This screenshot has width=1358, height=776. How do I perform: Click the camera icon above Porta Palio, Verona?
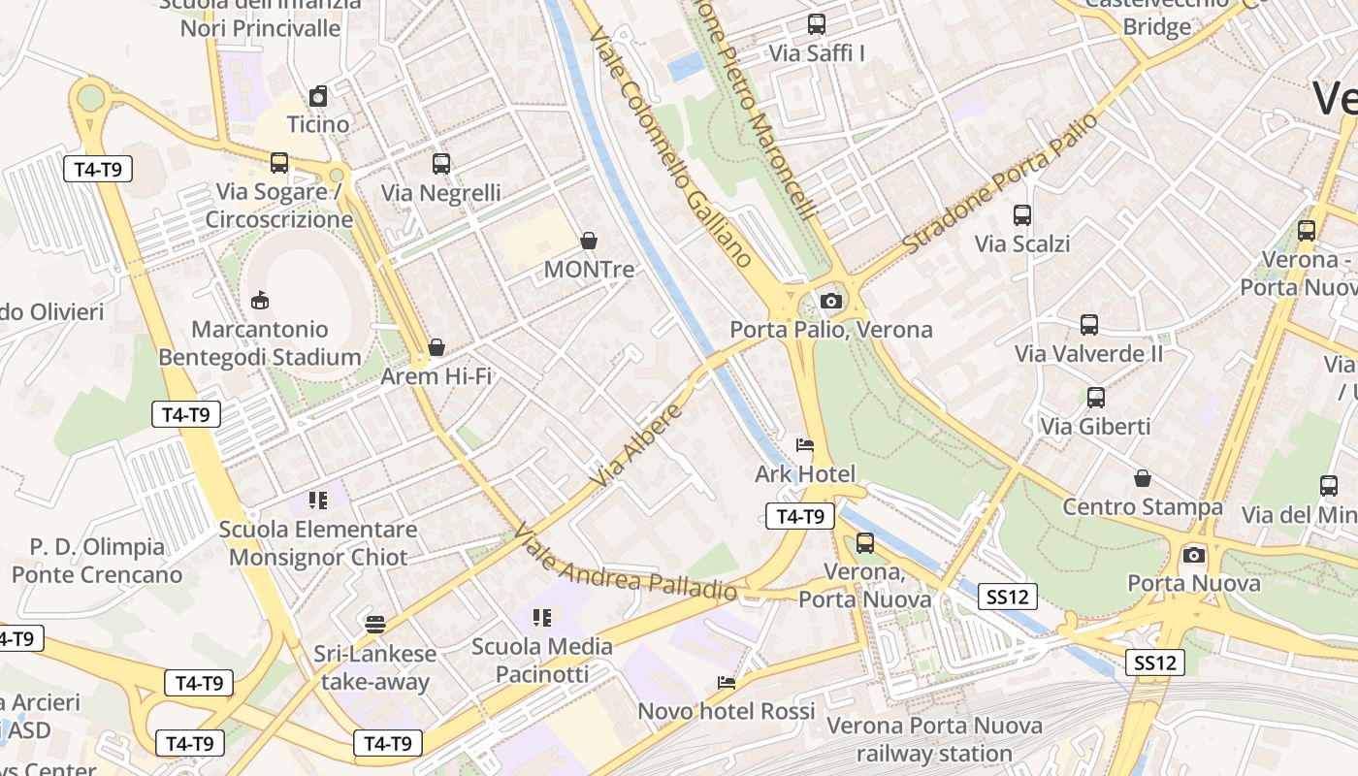pyautogui.click(x=830, y=302)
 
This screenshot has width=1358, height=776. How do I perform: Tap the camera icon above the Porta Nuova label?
pyautogui.click(x=1194, y=555)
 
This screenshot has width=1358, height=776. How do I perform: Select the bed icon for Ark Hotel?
pyautogui.click(x=805, y=446)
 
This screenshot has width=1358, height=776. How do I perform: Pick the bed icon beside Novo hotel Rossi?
pyautogui.click(x=726, y=683)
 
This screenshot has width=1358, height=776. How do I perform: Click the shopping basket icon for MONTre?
pyautogui.click(x=588, y=241)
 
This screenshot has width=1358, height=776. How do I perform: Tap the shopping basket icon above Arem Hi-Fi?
pyautogui.click(x=436, y=347)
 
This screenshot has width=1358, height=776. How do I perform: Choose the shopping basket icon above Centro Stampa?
pyautogui.click(x=1143, y=478)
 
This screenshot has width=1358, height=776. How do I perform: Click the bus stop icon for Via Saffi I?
pyautogui.click(x=817, y=24)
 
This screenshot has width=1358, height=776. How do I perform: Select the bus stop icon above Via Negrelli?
pyautogui.click(x=441, y=164)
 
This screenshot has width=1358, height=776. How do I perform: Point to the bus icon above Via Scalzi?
pyautogui.click(x=1022, y=215)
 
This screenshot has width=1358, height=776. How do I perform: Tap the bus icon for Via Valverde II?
pyautogui.click(x=1089, y=325)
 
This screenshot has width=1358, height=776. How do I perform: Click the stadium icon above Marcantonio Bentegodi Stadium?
pyautogui.click(x=259, y=301)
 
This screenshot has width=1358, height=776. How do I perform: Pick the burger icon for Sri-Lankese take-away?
pyautogui.click(x=375, y=623)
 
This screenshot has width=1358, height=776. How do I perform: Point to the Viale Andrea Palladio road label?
pyautogui.click(x=625, y=564)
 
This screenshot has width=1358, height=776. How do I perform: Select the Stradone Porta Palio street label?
pyautogui.click(x=1001, y=182)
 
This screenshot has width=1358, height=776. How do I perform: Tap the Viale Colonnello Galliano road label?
pyautogui.click(x=670, y=146)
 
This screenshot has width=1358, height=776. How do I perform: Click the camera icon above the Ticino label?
pyautogui.click(x=318, y=96)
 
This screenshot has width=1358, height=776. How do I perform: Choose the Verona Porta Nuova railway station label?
pyautogui.click(x=934, y=739)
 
